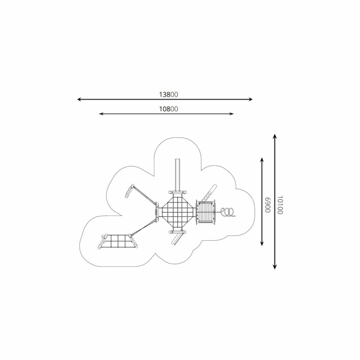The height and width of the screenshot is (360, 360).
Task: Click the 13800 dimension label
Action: coord(168,94)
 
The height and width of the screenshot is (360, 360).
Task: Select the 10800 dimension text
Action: coord(168,109)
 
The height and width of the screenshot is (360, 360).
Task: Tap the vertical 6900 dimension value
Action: coord(268,205)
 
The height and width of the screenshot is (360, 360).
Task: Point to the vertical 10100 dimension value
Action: coord(280,205)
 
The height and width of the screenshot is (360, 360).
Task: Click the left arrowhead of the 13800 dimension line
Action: coord(79,99)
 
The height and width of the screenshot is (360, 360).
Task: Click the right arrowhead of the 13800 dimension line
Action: coord(250,99)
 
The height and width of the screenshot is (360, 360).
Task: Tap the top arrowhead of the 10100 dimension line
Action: coord(274,136)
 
